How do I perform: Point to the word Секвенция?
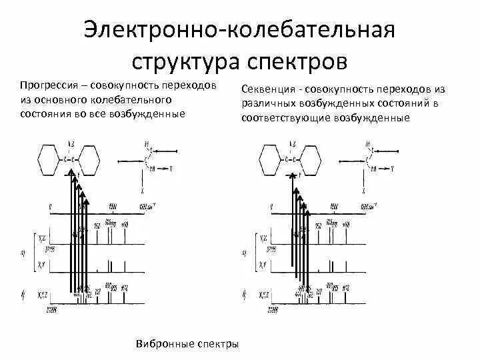pos(268,89)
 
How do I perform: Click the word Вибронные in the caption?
pos(161,344)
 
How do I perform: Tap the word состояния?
pos(46,114)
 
